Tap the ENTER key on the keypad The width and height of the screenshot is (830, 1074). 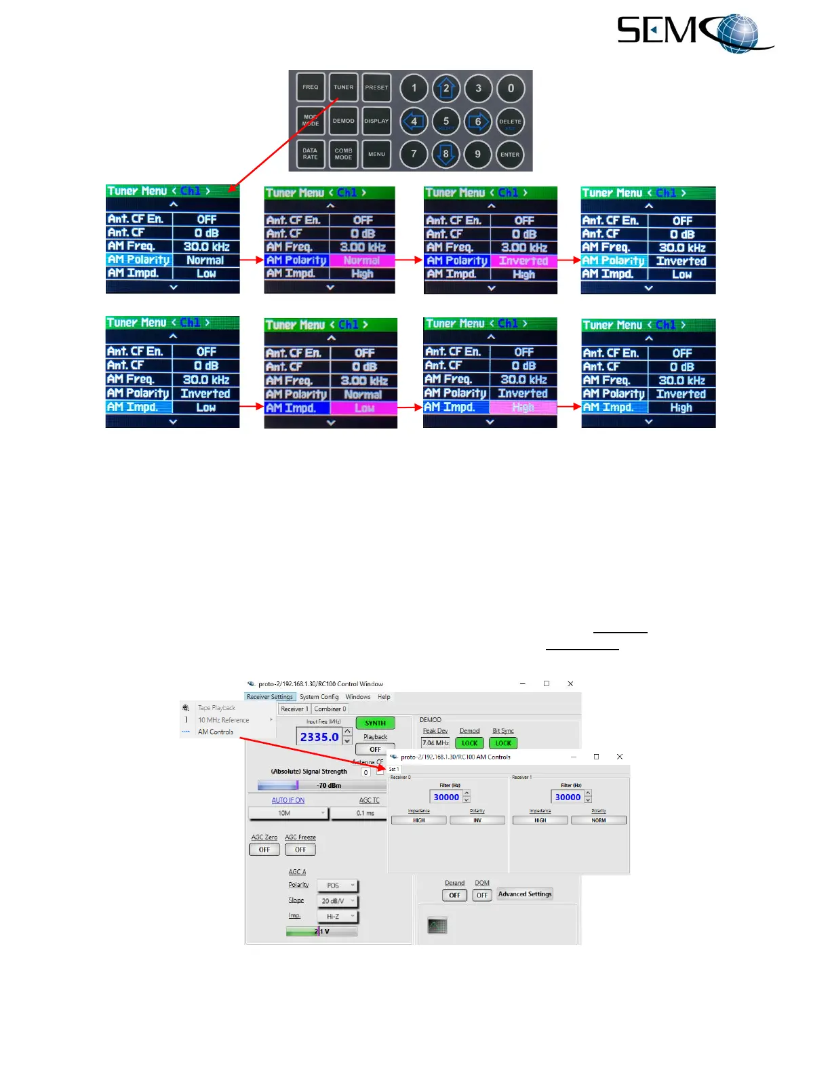510,155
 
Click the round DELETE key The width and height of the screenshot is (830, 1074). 510,122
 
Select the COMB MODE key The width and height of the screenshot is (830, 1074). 343,154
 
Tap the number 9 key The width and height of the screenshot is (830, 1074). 477,154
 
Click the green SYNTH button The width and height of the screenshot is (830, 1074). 375,723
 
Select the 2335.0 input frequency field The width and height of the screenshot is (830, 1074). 319,737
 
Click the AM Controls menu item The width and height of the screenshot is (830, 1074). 216,732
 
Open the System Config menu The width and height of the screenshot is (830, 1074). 319,697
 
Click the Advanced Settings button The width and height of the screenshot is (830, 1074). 525,894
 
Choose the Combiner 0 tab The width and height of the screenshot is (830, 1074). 330,709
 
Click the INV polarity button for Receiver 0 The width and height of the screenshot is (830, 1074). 477,820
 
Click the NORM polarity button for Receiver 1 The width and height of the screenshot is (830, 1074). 599,820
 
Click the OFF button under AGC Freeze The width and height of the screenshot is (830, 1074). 300,850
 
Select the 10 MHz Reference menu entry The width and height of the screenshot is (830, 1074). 224,720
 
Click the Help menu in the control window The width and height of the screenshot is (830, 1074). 384,697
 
